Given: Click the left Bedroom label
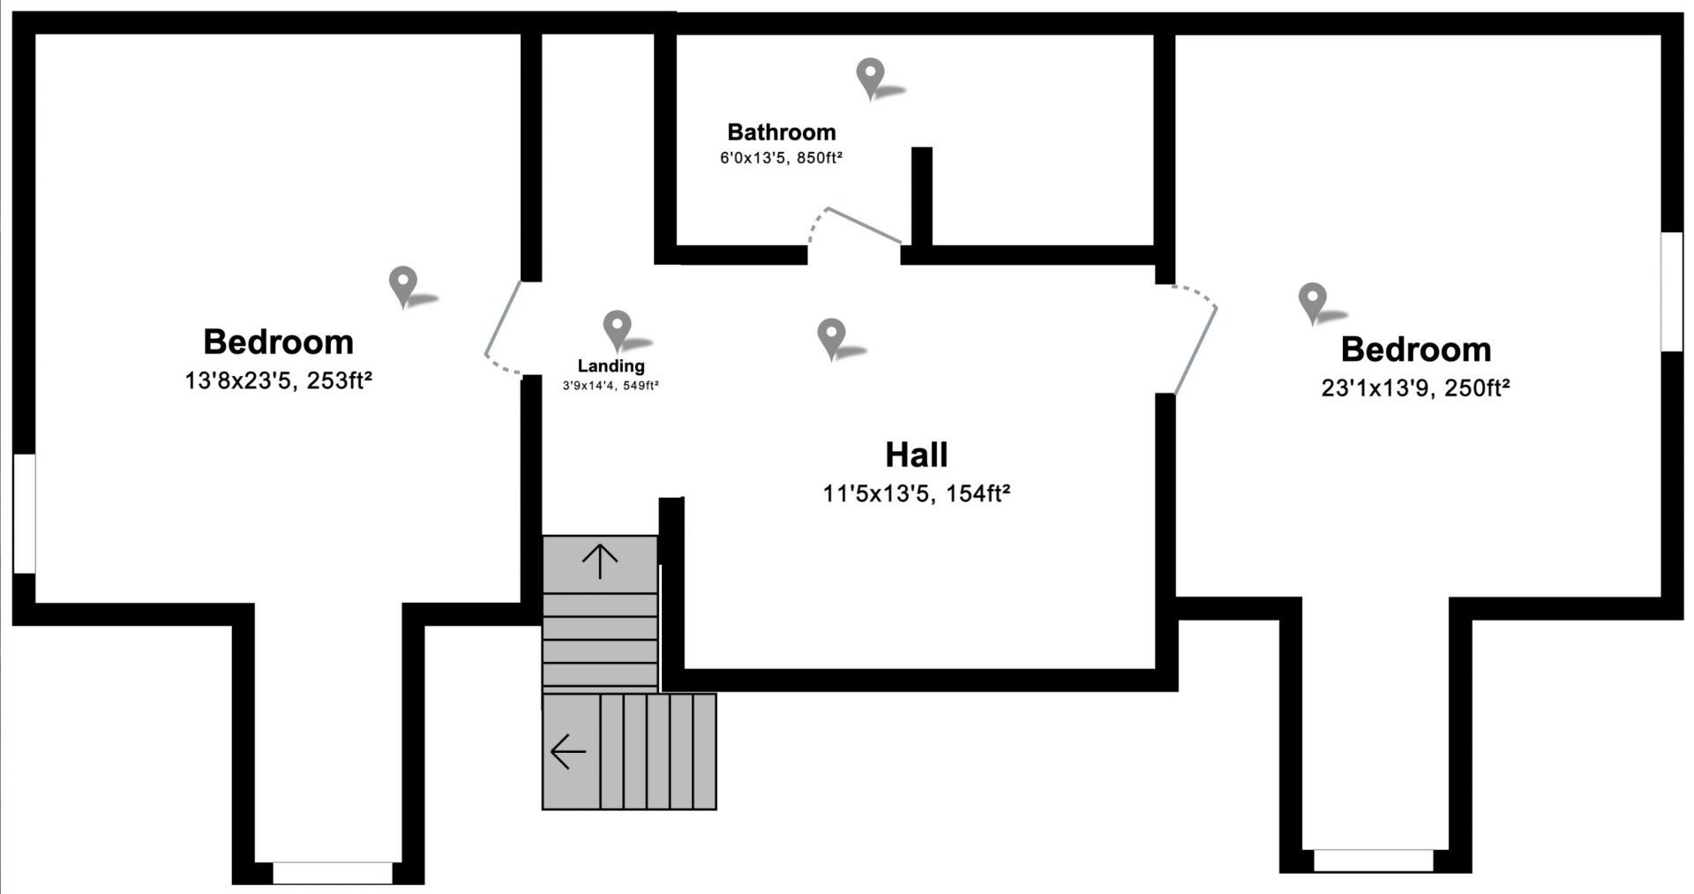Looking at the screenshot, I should coord(278,342).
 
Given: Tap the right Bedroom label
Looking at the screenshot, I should coord(1415,349).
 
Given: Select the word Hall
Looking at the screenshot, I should coord(917,455).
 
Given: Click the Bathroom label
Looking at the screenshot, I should coord(781,132).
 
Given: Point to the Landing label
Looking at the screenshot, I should coord(611,365).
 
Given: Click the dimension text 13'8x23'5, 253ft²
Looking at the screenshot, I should coord(278,381).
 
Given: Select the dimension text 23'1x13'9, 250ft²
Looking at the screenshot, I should coord(1415,388).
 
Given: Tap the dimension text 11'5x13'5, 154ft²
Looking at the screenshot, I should coord(916,493).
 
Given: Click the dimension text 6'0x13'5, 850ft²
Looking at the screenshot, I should coord(781,158).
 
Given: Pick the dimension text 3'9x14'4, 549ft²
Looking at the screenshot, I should coord(611,386).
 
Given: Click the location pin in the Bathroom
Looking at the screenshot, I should coord(871,77).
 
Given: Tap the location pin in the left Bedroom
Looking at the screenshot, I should coord(403,285).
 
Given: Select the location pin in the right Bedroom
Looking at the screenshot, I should coord(1312,301).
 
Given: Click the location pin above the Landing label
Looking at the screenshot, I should coord(617,328).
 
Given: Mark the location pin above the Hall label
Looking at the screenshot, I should coord(831,337).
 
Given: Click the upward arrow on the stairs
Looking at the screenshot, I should coord(600,560).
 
